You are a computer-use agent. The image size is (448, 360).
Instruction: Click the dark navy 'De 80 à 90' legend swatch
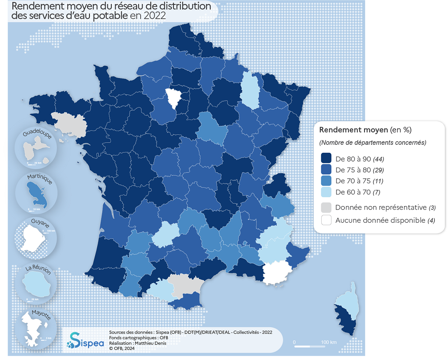pyautogui.click(x=326, y=159)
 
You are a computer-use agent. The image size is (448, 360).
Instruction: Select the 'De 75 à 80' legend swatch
pyautogui.click(x=326, y=170)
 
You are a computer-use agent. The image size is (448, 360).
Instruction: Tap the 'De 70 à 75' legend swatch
pyautogui.click(x=326, y=181)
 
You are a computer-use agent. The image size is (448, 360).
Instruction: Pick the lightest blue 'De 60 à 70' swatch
pyautogui.click(x=326, y=192)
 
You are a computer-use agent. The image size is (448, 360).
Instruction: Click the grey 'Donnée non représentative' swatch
pyautogui.click(x=326, y=208)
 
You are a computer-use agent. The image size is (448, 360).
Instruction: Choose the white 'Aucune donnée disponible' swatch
pyautogui.click(x=326, y=220)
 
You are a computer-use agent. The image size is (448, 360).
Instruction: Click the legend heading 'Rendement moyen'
pyautogui.click(x=353, y=130)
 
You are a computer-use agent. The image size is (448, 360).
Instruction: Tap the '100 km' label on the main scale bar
pyautogui.click(x=329, y=342)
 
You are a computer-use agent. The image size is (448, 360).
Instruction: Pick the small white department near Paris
pyautogui.click(x=173, y=98)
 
